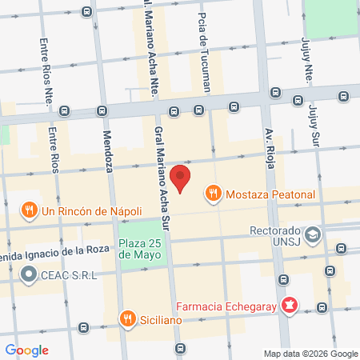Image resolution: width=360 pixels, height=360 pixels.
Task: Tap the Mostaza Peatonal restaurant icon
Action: point(213,193)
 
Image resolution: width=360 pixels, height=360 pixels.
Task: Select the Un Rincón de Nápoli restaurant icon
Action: point(29,210)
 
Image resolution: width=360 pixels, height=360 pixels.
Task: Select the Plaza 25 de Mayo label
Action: point(144,249)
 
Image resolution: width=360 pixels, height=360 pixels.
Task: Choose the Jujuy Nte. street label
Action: point(306,60)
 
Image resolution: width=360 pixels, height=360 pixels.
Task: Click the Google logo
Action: point(26,350)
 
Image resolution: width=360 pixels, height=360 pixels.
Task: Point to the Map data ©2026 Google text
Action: point(311,354)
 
